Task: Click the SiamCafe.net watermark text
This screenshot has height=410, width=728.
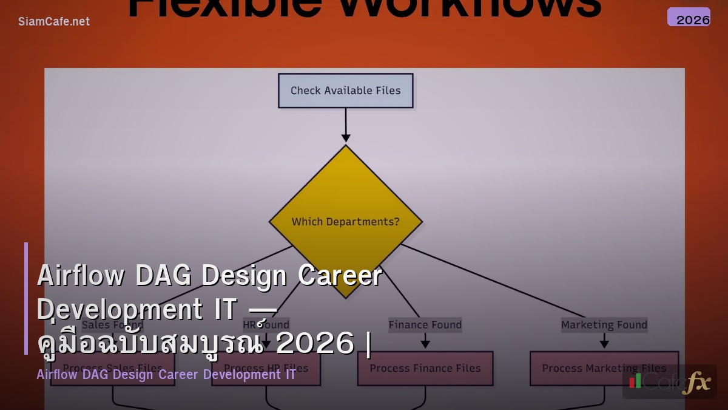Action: (54, 22)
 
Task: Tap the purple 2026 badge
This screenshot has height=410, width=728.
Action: (689, 17)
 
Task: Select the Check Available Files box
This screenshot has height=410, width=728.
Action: (346, 91)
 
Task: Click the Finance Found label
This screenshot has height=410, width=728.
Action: (425, 325)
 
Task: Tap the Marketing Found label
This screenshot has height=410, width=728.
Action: (604, 325)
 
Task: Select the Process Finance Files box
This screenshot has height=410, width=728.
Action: (425, 368)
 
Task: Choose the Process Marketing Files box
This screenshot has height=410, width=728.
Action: (604, 368)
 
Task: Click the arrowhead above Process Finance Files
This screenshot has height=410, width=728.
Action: (425, 344)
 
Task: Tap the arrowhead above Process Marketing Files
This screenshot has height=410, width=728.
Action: (604, 344)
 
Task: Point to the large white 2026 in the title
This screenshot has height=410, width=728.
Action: (315, 344)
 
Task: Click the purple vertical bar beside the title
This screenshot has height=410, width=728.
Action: (26, 298)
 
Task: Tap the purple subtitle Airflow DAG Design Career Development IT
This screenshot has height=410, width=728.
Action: (166, 374)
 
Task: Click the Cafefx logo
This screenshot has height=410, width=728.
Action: (670, 381)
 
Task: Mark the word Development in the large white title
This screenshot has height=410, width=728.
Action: (118, 310)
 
